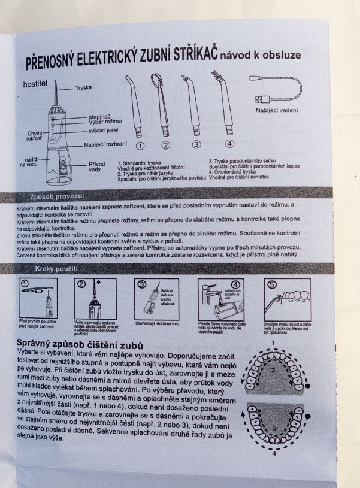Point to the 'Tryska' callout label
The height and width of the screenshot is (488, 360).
[x=83, y=88]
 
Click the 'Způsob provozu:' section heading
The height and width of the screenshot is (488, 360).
[x=57, y=196]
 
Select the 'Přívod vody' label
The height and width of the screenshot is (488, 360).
[x=96, y=166]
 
